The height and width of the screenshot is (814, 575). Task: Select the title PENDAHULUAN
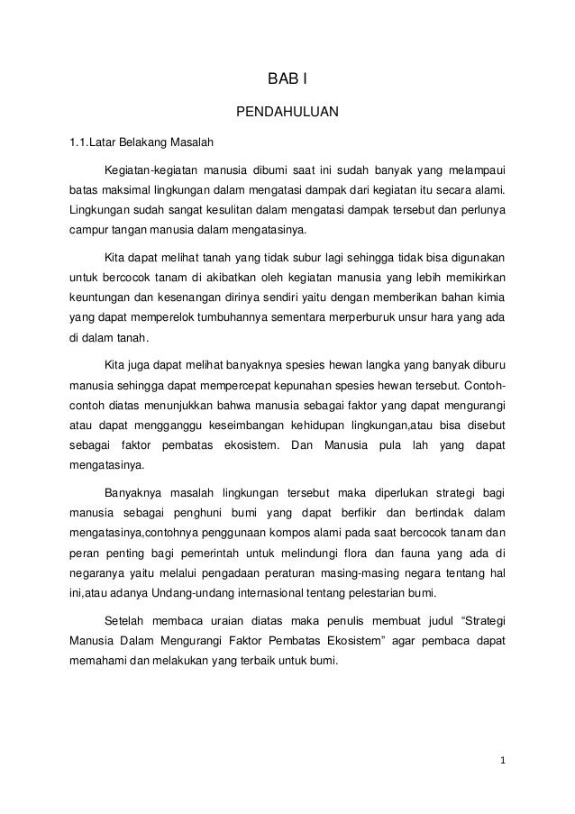[287, 113]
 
